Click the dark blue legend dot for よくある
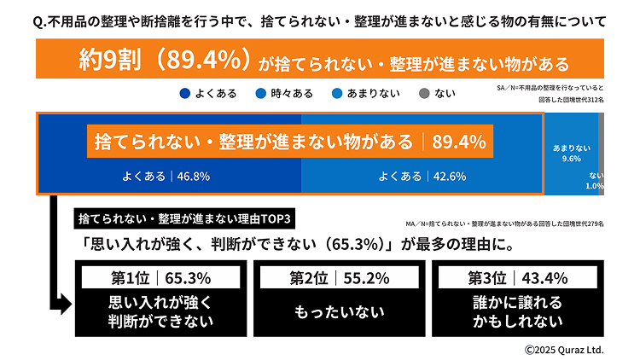(x=185, y=93)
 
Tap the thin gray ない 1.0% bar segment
(x=601, y=154)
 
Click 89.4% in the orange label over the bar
(x=458, y=141)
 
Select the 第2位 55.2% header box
(x=339, y=277)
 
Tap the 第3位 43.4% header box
(x=518, y=277)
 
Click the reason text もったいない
(x=339, y=312)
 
